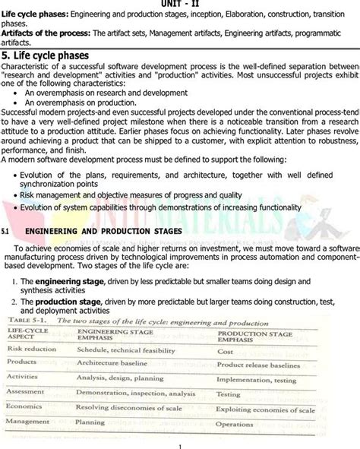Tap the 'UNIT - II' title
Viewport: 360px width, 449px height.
(180, 3)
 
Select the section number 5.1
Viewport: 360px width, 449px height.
(6, 231)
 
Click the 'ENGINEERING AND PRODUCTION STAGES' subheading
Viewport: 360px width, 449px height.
(103, 231)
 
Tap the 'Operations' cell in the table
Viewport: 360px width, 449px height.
(235, 424)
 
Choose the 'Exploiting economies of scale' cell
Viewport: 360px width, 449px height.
(265, 409)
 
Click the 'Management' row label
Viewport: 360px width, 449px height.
(27, 420)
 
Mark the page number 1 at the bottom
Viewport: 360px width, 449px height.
(180, 446)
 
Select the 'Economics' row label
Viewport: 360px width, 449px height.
(24, 406)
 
